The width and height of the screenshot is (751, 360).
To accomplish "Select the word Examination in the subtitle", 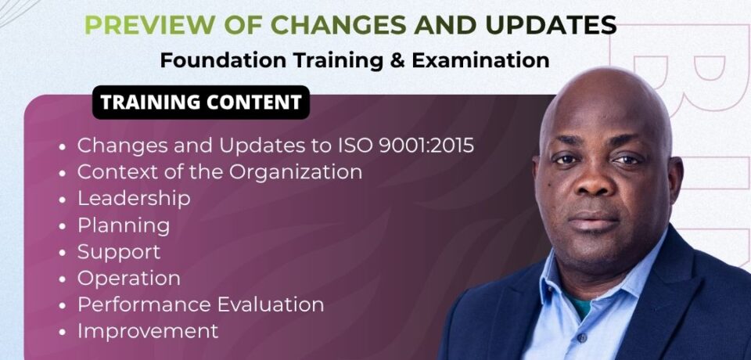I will click(486, 60).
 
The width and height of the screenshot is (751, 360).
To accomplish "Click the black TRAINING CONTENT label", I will click(201, 103).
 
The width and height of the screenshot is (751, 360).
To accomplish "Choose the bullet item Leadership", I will click(134, 198).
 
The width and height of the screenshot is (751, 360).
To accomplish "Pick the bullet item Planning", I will click(124, 225).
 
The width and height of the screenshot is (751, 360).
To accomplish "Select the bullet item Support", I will click(119, 252).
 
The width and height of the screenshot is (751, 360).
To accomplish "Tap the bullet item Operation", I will click(129, 278).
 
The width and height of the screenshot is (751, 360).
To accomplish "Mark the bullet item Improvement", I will click(148, 331).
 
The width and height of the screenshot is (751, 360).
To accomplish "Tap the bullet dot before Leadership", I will click(63, 200).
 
